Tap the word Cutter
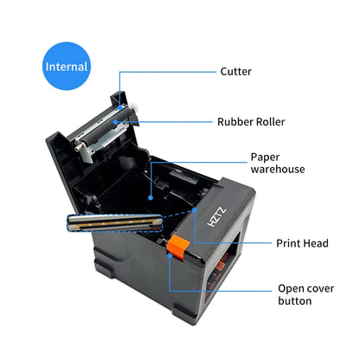pyautogui.click(x=236, y=71)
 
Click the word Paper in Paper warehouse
pyautogui.click(x=265, y=157)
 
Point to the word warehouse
pyautogui.click(x=278, y=170)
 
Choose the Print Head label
pyautogui.click(x=302, y=243)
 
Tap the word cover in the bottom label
pyautogui.click(x=321, y=287)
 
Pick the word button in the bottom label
pyautogui.click(x=295, y=301)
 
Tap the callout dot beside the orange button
pyautogui.click(x=170, y=260)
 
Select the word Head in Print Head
pyautogui.click(x=317, y=243)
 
